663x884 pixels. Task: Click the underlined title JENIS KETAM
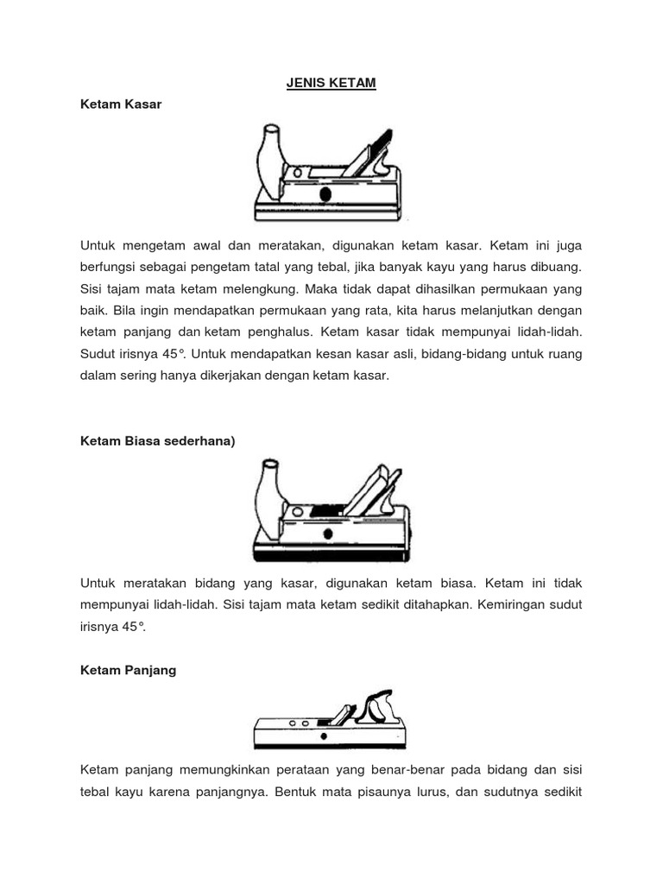(x=331, y=84)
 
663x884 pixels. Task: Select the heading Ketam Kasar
(x=121, y=104)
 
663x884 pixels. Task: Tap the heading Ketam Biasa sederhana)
(x=157, y=440)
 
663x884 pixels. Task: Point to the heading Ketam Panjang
(x=128, y=670)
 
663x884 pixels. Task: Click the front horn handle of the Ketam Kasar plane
(x=268, y=159)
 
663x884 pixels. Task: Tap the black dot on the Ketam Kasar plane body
(x=325, y=194)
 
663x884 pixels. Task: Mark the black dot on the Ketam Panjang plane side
(x=324, y=737)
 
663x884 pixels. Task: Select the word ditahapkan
(x=414, y=604)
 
